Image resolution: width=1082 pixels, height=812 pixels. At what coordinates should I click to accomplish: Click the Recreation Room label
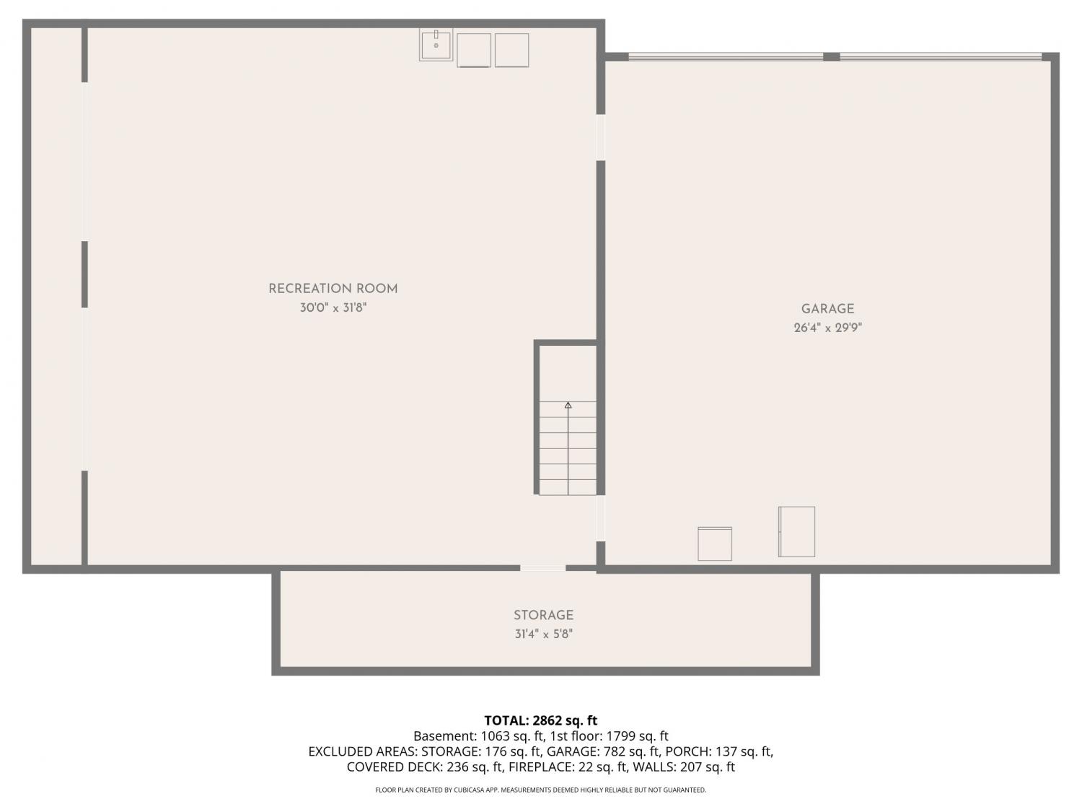pyautogui.click(x=333, y=289)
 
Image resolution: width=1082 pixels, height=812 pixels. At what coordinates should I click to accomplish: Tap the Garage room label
pyautogui.click(x=827, y=309)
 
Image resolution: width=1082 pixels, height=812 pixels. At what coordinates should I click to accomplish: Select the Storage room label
pyautogui.click(x=543, y=615)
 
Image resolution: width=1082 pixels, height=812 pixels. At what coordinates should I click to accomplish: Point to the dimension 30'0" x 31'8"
pyautogui.click(x=333, y=307)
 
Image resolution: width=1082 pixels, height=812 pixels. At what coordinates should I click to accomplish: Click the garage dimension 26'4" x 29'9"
pyautogui.click(x=827, y=328)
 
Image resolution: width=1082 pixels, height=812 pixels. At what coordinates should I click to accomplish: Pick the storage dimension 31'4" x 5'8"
pyautogui.click(x=544, y=634)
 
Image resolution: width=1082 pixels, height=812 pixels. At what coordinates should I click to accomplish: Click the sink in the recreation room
pyautogui.click(x=436, y=45)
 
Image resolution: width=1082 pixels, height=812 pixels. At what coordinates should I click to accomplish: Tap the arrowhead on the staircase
pyautogui.click(x=568, y=405)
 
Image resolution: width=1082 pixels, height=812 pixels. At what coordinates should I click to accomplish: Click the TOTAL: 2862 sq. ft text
pyautogui.click(x=541, y=721)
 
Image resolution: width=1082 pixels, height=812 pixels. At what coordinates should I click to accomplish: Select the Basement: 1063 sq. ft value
pyautogui.click(x=478, y=736)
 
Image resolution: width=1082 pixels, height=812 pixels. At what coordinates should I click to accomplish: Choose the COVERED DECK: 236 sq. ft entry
pyautogui.click(x=425, y=767)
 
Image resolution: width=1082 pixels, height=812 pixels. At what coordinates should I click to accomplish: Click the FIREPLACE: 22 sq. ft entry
pyautogui.click(x=568, y=767)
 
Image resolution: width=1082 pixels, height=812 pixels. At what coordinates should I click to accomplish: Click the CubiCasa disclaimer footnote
pyautogui.click(x=541, y=790)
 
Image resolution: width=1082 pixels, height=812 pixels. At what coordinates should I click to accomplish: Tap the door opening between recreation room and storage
pyautogui.click(x=542, y=568)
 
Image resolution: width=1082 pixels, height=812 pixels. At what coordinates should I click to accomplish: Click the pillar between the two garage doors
pyautogui.click(x=832, y=57)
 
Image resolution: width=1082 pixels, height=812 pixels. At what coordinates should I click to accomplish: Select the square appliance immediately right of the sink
pyautogui.click(x=474, y=51)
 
